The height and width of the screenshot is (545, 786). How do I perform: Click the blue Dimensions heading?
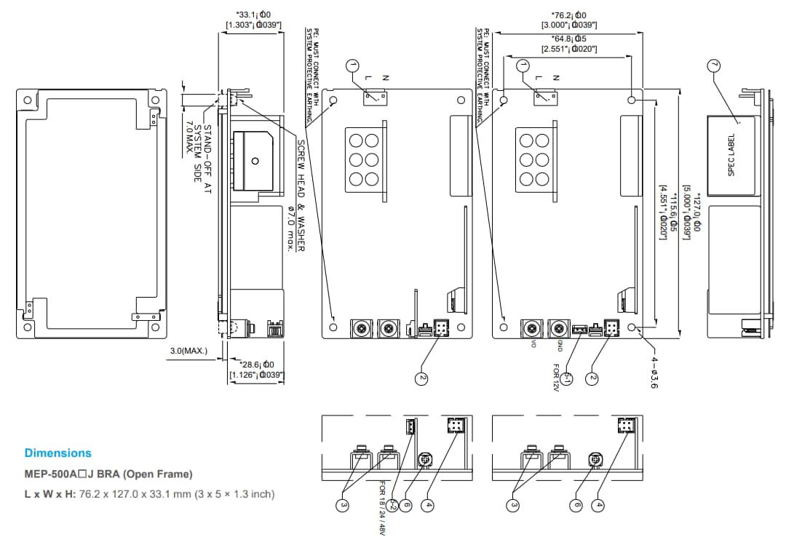[58, 453]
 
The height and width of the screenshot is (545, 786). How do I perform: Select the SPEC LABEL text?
[731, 154]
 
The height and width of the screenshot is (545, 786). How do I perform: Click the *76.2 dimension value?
[568, 15]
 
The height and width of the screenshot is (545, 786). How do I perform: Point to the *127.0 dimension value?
[696, 211]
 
